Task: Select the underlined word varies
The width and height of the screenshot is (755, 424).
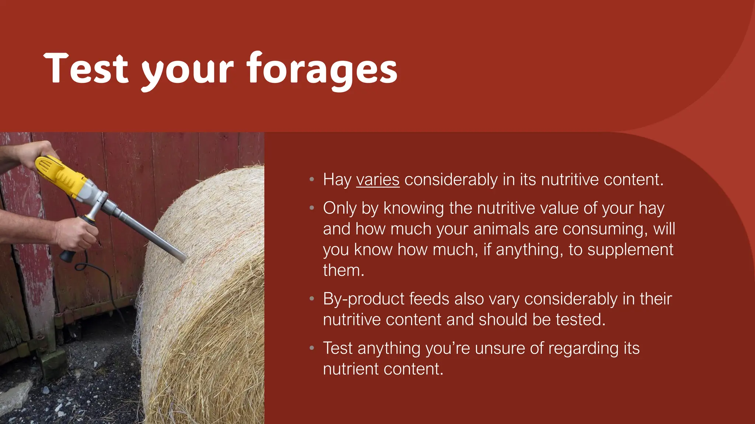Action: (x=377, y=180)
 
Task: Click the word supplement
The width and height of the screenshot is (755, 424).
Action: (x=630, y=250)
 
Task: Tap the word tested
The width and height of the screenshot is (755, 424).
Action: (x=580, y=319)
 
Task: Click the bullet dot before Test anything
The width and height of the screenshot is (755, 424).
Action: (x=312, y=348)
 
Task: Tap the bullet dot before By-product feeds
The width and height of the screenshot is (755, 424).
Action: (x=312, y=298)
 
